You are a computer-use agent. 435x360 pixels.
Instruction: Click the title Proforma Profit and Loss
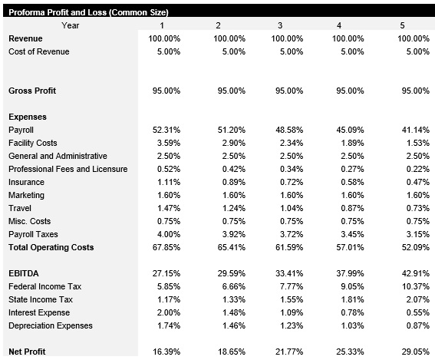coord(88,13)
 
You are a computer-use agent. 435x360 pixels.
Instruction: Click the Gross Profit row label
coord(32,91)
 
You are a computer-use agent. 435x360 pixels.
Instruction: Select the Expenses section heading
coord(28,117)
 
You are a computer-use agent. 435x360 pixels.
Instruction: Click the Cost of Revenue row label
coord(38,51)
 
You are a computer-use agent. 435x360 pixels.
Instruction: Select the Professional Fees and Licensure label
coord(68,169)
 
